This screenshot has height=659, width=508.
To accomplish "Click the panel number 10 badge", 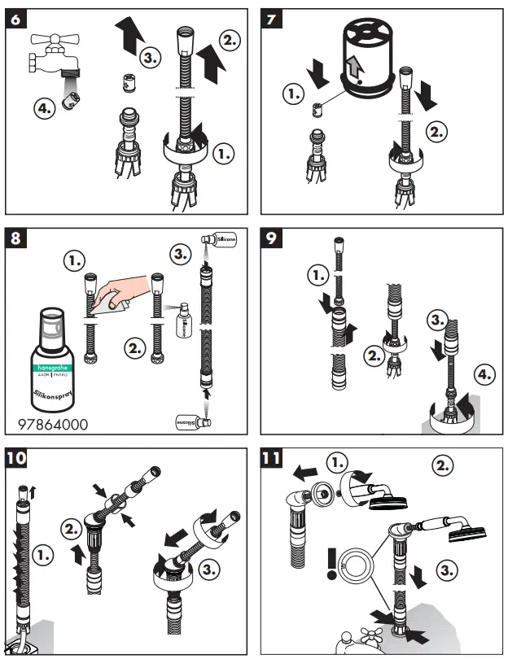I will click(x=15, y=457).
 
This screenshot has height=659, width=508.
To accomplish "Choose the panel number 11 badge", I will click(x=273, y=457).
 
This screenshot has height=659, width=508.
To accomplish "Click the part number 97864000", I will click(x=52, y=425).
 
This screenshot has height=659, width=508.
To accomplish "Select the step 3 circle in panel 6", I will click(x=150, y=58).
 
